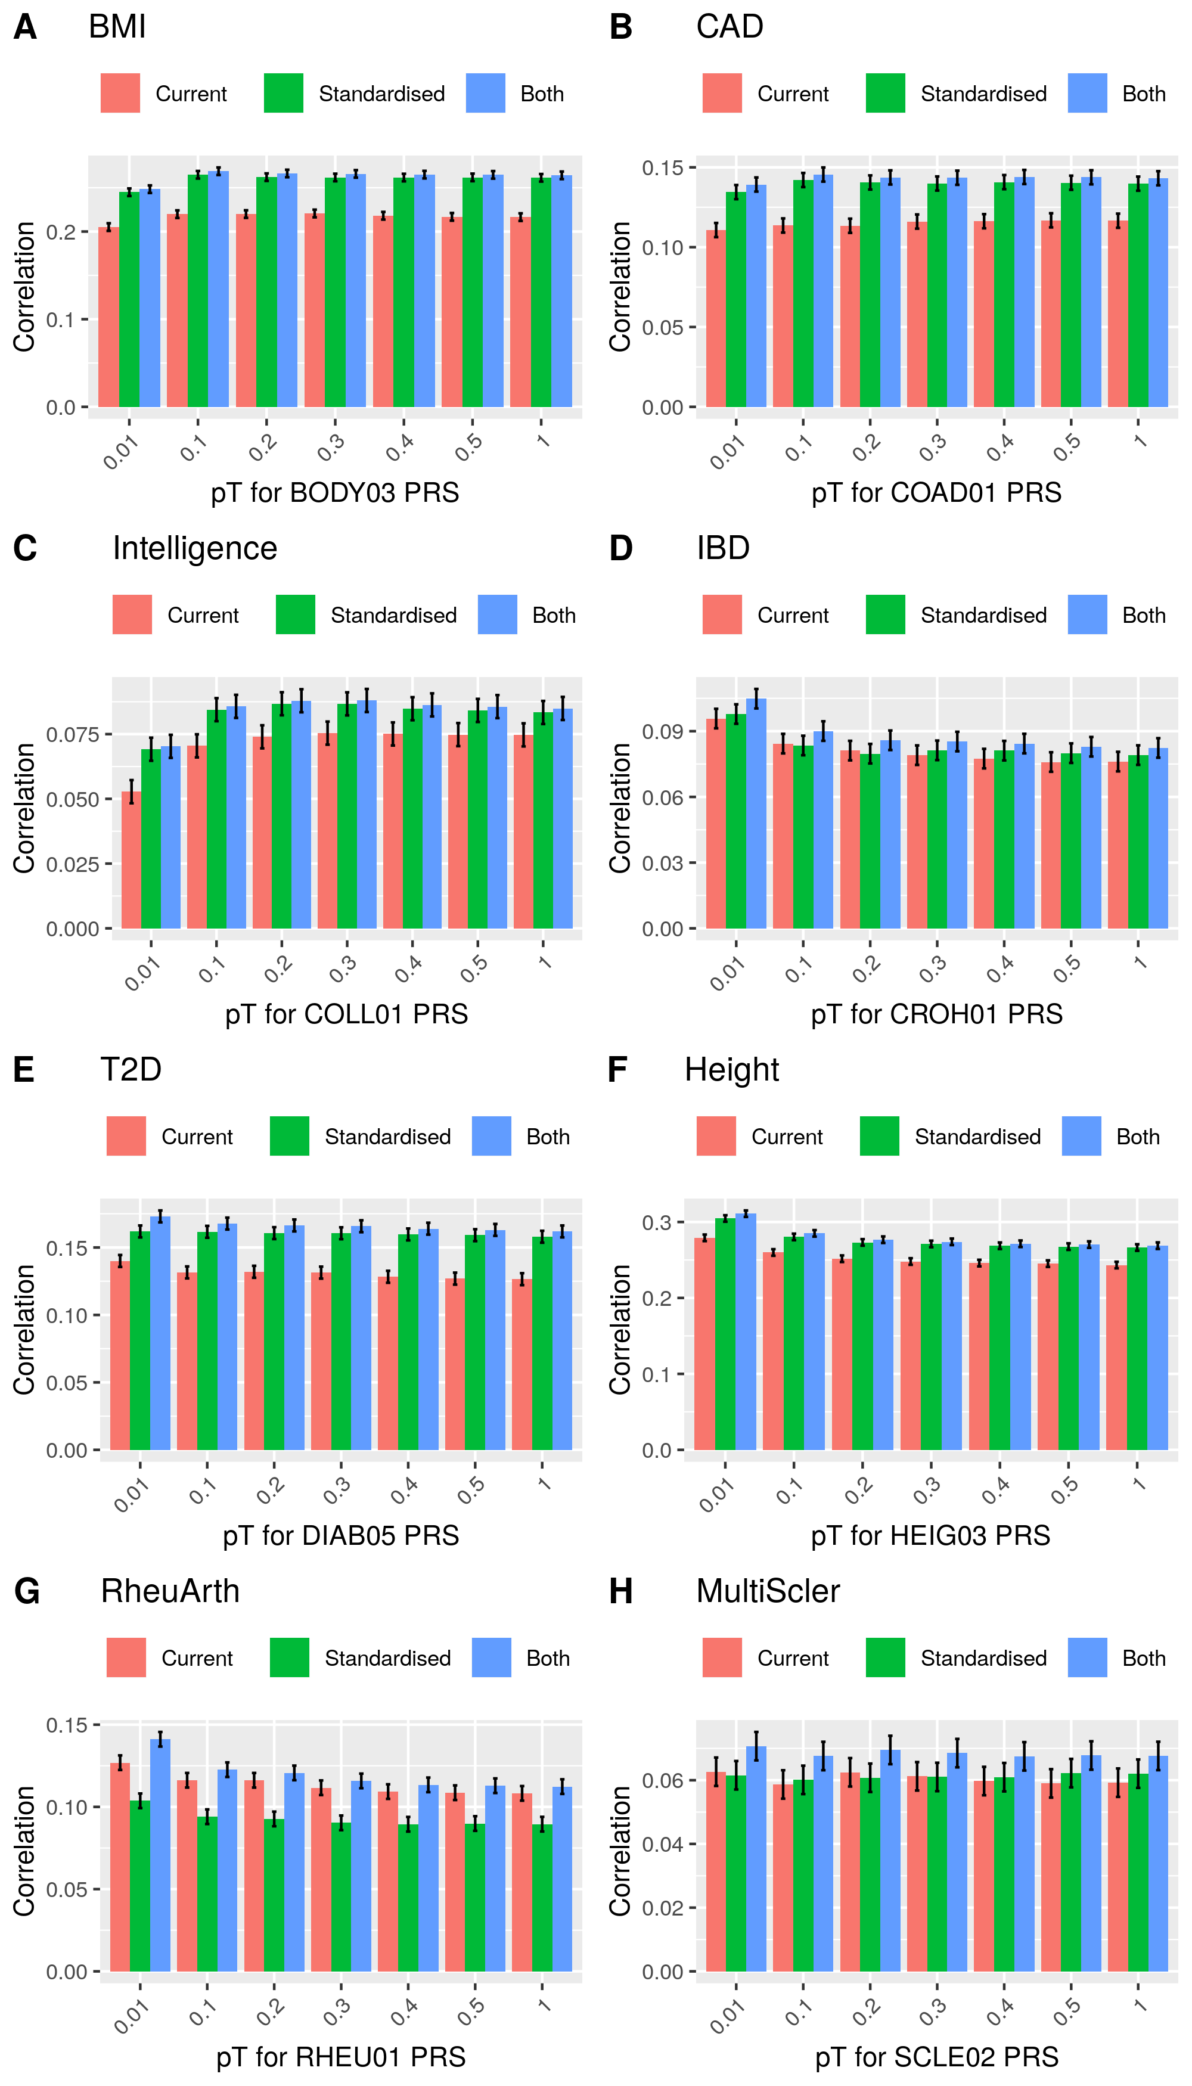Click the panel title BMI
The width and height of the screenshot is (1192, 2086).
point(117,27)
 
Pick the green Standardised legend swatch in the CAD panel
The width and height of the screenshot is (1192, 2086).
point(885,94)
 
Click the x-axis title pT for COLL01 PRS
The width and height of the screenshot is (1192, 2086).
point(346,1014)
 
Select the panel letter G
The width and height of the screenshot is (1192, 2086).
point(26,1591)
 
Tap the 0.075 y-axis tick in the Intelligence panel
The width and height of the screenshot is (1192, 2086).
point(72,734)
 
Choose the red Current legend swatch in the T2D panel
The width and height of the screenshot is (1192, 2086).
point(126,1137)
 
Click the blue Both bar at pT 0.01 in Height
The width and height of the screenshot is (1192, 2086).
point(746,1332)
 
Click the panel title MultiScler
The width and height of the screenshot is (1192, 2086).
point(768,1591)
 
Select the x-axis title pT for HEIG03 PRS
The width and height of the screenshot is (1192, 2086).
point(930,1536)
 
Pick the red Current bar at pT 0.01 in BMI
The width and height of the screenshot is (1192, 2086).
point(109,317)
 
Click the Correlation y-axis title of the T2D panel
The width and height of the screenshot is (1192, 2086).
point(24,1330)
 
